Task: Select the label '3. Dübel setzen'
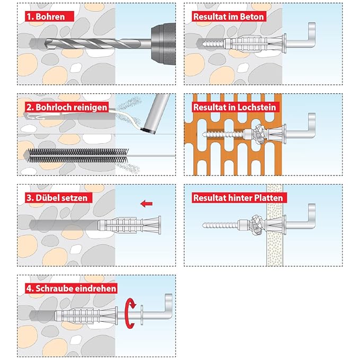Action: pyautogui.click(x=56, y=197)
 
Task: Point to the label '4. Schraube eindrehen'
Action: pyautogui.click(x=71, y=288)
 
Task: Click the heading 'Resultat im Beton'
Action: pyautogui.click(x=229, y=16)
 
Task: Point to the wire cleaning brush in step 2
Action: pyautogui.click(x=80, y=155)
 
